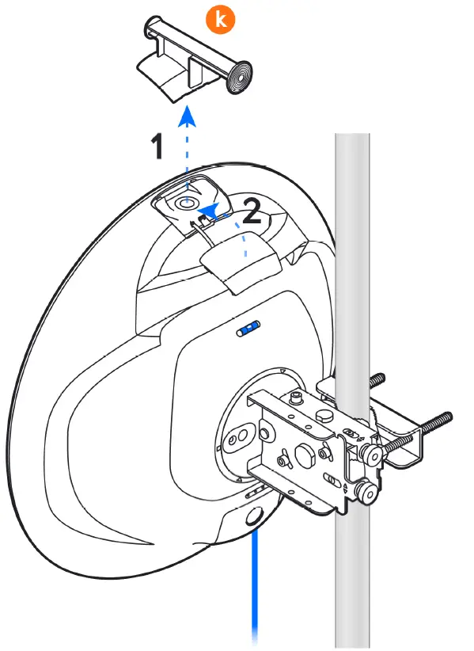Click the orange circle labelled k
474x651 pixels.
(220, 19)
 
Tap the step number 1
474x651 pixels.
(157, 147)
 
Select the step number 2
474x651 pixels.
(252, 211)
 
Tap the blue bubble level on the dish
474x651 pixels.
(248, 329)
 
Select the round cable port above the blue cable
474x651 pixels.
(254, 516)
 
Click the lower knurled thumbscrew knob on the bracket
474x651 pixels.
(367, 492)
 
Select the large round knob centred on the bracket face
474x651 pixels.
(304, 454)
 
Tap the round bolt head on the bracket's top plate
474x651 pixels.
(324, 417)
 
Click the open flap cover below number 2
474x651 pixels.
(241, 264)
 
